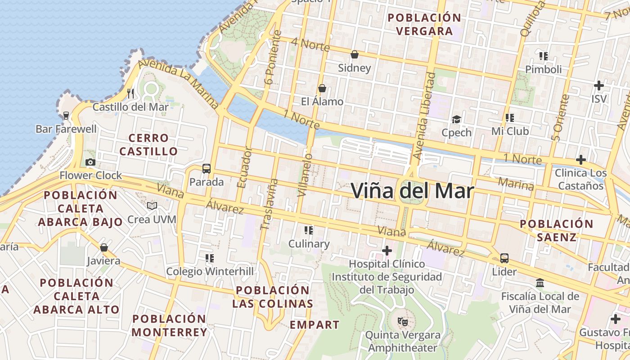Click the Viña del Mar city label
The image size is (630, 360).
(412, 191)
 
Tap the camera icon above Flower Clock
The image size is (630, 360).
(90, 162)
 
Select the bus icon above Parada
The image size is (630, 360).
(207, 169)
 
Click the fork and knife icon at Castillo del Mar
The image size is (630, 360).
(130, 93)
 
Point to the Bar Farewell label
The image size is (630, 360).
(66, 129)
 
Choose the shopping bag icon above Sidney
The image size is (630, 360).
(355, 54)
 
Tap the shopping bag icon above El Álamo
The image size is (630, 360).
(322, 88)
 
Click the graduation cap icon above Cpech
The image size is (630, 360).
(456, 119)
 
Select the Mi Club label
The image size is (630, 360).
(510, 131)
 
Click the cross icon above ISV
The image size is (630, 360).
(598, 85)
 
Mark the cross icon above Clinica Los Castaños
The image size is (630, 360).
(580, 160)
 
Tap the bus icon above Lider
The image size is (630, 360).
(504, 258)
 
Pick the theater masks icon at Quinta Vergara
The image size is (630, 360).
(402, 322)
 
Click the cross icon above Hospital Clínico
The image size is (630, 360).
(387, 250)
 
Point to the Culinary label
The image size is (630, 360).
(309, 244)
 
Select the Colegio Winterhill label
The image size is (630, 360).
(210, 271)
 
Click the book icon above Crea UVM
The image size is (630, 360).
(153, 206)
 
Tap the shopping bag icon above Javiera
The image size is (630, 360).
(104, 247)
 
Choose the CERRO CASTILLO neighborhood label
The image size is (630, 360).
(148, 144)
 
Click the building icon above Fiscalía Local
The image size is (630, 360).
(540, 283)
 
